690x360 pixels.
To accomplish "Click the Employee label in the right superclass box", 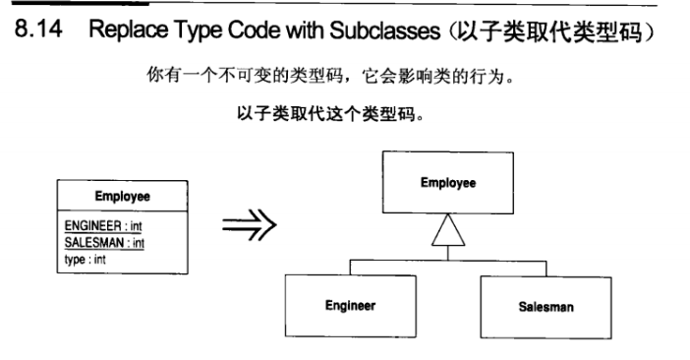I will click(448, 184).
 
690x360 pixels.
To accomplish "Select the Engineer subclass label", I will click(350, 306).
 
